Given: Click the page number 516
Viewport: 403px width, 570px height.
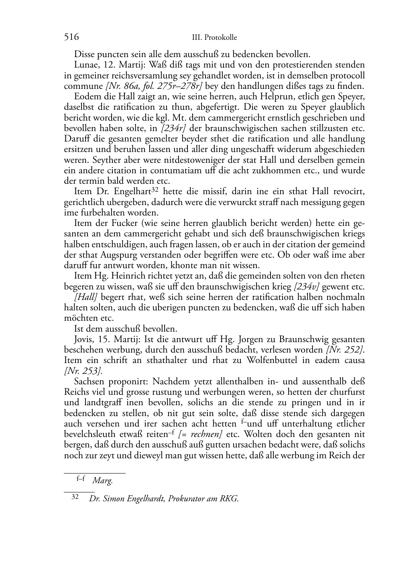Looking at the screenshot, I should [x=71, y=37].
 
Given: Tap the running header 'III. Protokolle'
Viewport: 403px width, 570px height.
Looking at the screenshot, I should [x=214, y=38].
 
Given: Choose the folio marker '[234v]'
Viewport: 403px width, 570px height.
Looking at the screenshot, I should [x=307, y=287].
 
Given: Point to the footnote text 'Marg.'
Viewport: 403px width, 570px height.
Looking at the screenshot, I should [x=102, y=480].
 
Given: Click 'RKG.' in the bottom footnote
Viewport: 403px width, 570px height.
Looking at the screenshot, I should [x=229, y=499].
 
